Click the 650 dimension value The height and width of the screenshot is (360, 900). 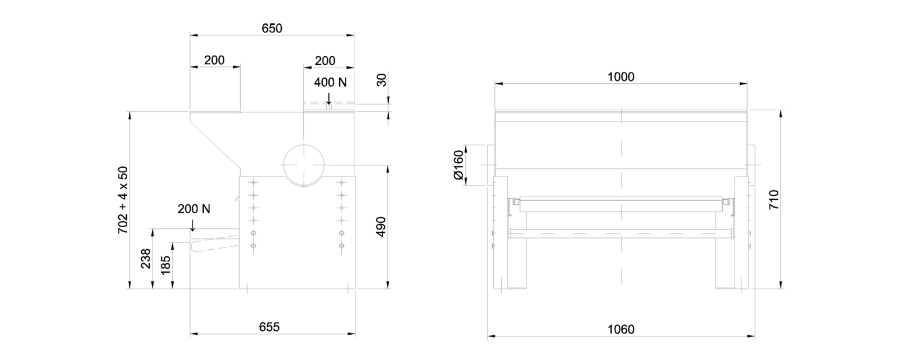tap(272, 28)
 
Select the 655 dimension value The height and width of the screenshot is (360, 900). tap(269, 327)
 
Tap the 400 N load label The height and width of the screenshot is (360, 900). tap(330, 82)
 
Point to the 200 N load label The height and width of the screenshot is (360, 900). tap(194, 209)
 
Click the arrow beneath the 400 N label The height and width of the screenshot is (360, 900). tap(329, 99)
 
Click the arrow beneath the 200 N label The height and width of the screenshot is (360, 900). tap(192, 226)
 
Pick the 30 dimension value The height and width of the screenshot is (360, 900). tap(382, 80)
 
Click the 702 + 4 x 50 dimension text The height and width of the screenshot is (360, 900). tap(123, 200)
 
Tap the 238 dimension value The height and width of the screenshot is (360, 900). tap(146, 258)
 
